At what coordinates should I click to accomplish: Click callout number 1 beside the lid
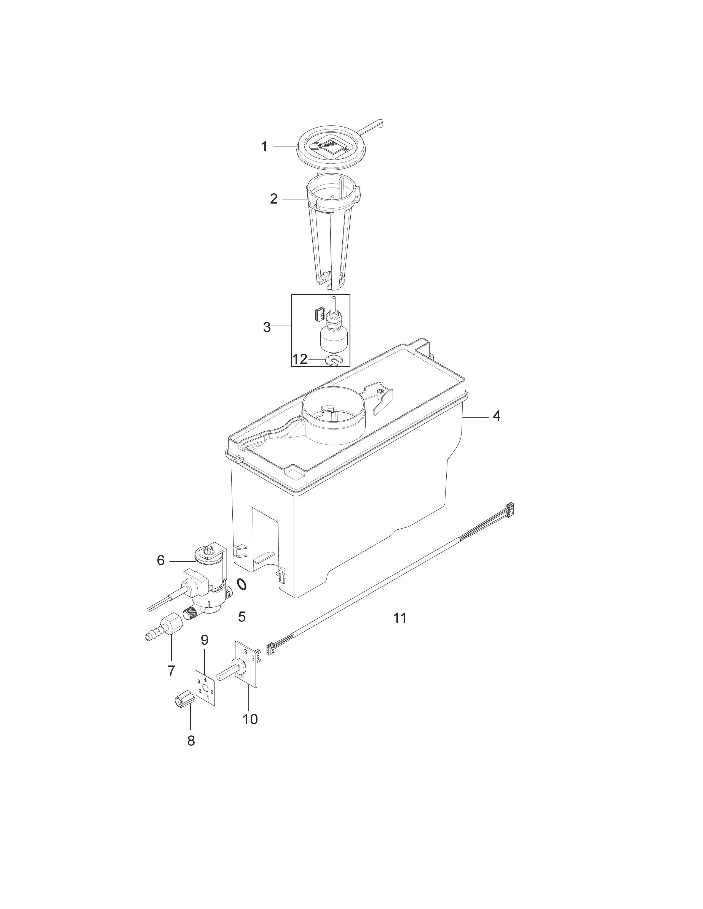click(264, 147)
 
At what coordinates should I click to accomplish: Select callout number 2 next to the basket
click(274, 199)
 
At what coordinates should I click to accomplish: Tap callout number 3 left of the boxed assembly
click(267, 328)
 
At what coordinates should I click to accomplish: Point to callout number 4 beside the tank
click(497, 416)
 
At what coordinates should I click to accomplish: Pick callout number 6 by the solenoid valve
click(161, 561)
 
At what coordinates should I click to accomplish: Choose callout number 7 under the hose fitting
click(171, 671)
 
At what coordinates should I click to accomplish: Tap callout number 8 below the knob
click(191, 741)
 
